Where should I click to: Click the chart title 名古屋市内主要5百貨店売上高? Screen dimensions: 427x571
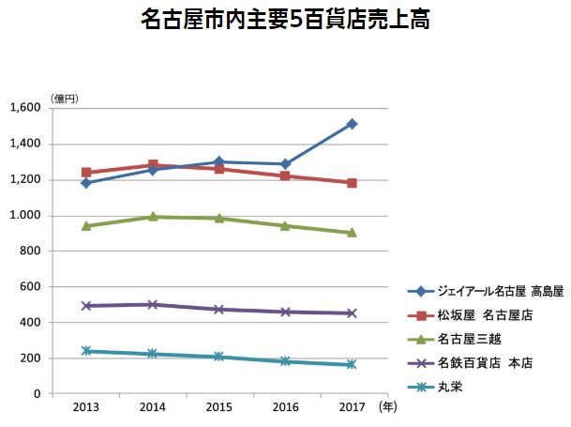coord(286,20)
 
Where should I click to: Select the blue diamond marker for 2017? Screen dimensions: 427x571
coord(352,124)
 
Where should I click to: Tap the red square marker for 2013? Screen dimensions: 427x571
coord(86,173)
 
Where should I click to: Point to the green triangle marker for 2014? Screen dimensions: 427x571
coord(153,217)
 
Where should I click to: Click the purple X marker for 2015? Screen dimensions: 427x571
coord(218,310)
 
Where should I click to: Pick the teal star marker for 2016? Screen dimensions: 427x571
coord(285,361)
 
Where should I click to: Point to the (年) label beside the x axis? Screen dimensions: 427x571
coord(387,408)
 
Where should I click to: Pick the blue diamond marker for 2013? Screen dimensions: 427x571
coord(86,183)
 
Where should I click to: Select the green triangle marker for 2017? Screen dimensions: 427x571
coord(352,233)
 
